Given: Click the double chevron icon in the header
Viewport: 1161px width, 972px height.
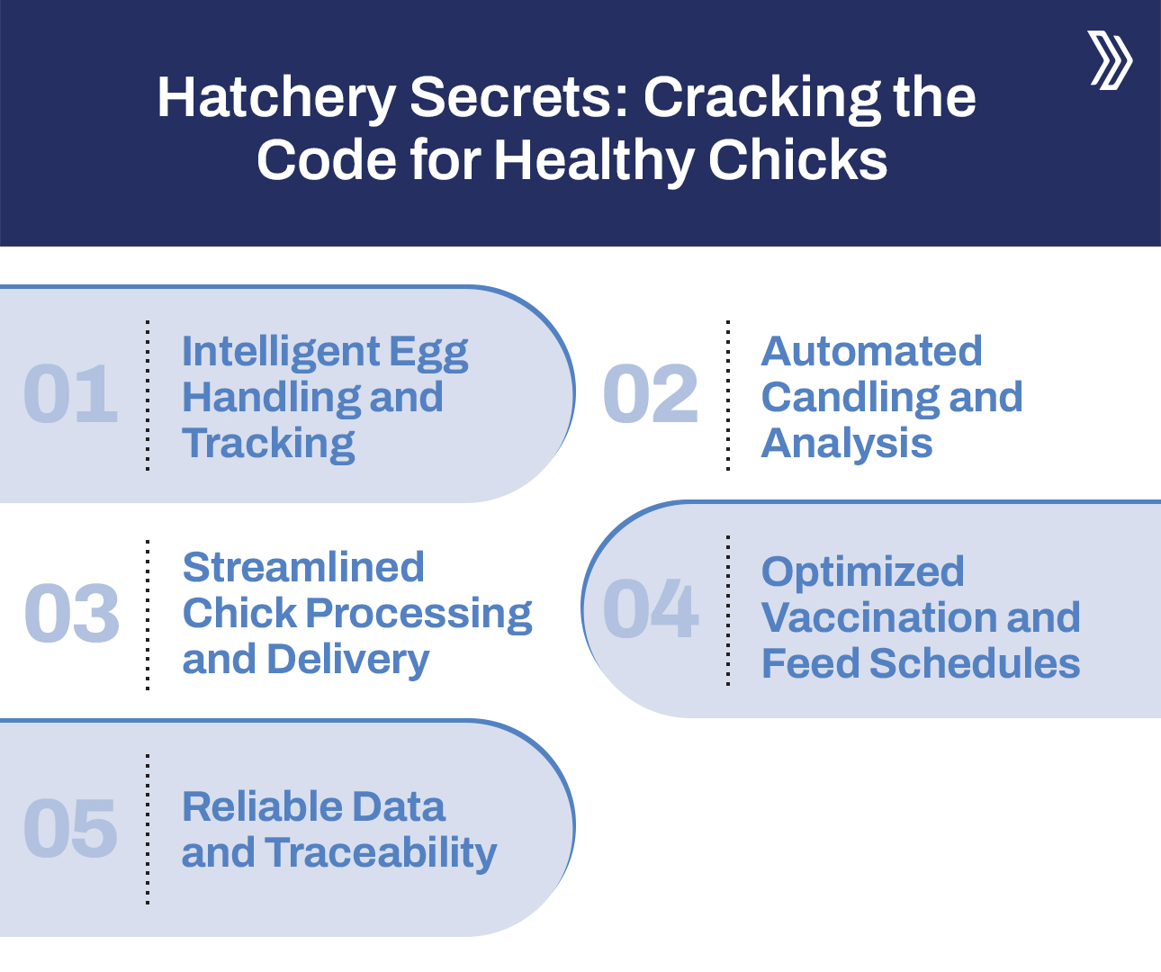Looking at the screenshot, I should click(1111, 59).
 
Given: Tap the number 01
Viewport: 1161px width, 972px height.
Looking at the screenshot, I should click(70, 394).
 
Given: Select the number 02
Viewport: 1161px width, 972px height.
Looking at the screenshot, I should click(650, 394).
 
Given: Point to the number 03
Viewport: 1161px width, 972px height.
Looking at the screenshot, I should click(71, 613).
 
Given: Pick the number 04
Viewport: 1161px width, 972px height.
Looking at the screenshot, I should click(650, 609).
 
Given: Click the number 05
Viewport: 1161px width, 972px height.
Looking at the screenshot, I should click(70, 828).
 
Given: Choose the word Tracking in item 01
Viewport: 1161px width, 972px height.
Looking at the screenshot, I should click(268, 444).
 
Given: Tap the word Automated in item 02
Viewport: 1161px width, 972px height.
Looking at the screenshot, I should click(871, 351).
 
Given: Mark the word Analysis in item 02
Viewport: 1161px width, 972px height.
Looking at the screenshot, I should click(847, 443).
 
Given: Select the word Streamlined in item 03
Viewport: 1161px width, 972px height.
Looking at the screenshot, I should click(303, 567).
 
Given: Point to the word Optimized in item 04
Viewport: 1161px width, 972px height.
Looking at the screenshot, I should click(862, 571).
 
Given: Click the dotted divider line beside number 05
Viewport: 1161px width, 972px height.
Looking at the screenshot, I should click(148, 828).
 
